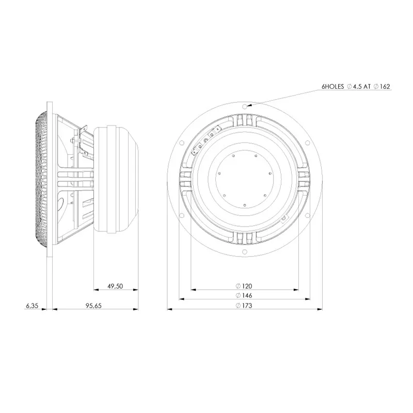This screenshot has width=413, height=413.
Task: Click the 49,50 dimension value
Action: coord(115,286)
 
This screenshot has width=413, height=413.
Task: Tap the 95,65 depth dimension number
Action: coord(93,306)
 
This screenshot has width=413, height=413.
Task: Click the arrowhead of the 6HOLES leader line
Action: coord(249,105)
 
